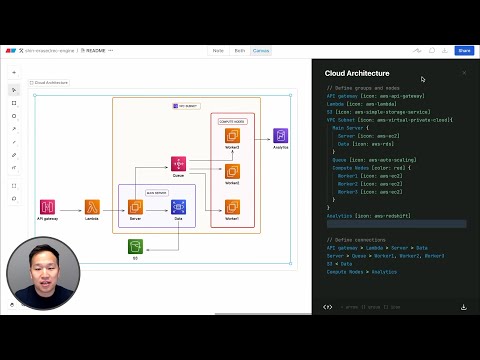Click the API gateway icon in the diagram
click(47, 207)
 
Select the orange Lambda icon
click(92, 207)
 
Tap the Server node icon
click(135, 207)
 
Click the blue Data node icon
click(178, 207)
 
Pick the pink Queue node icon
click(178, 164)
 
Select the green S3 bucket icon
click(135, 246)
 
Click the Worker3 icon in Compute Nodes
click(232, 136)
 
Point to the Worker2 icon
click(232, 171)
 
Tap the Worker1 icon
click(232, 207)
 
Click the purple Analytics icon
click(281, 136)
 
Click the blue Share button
click(464, 50)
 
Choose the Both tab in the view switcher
click(240, 50)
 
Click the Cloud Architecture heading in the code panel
click(357, 74)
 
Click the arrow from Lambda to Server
click(113, 207)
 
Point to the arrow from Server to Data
click(157, 207)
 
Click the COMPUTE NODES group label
click(232, 119)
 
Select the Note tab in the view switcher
click(218, 50)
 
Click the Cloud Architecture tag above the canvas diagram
click(49, 83)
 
